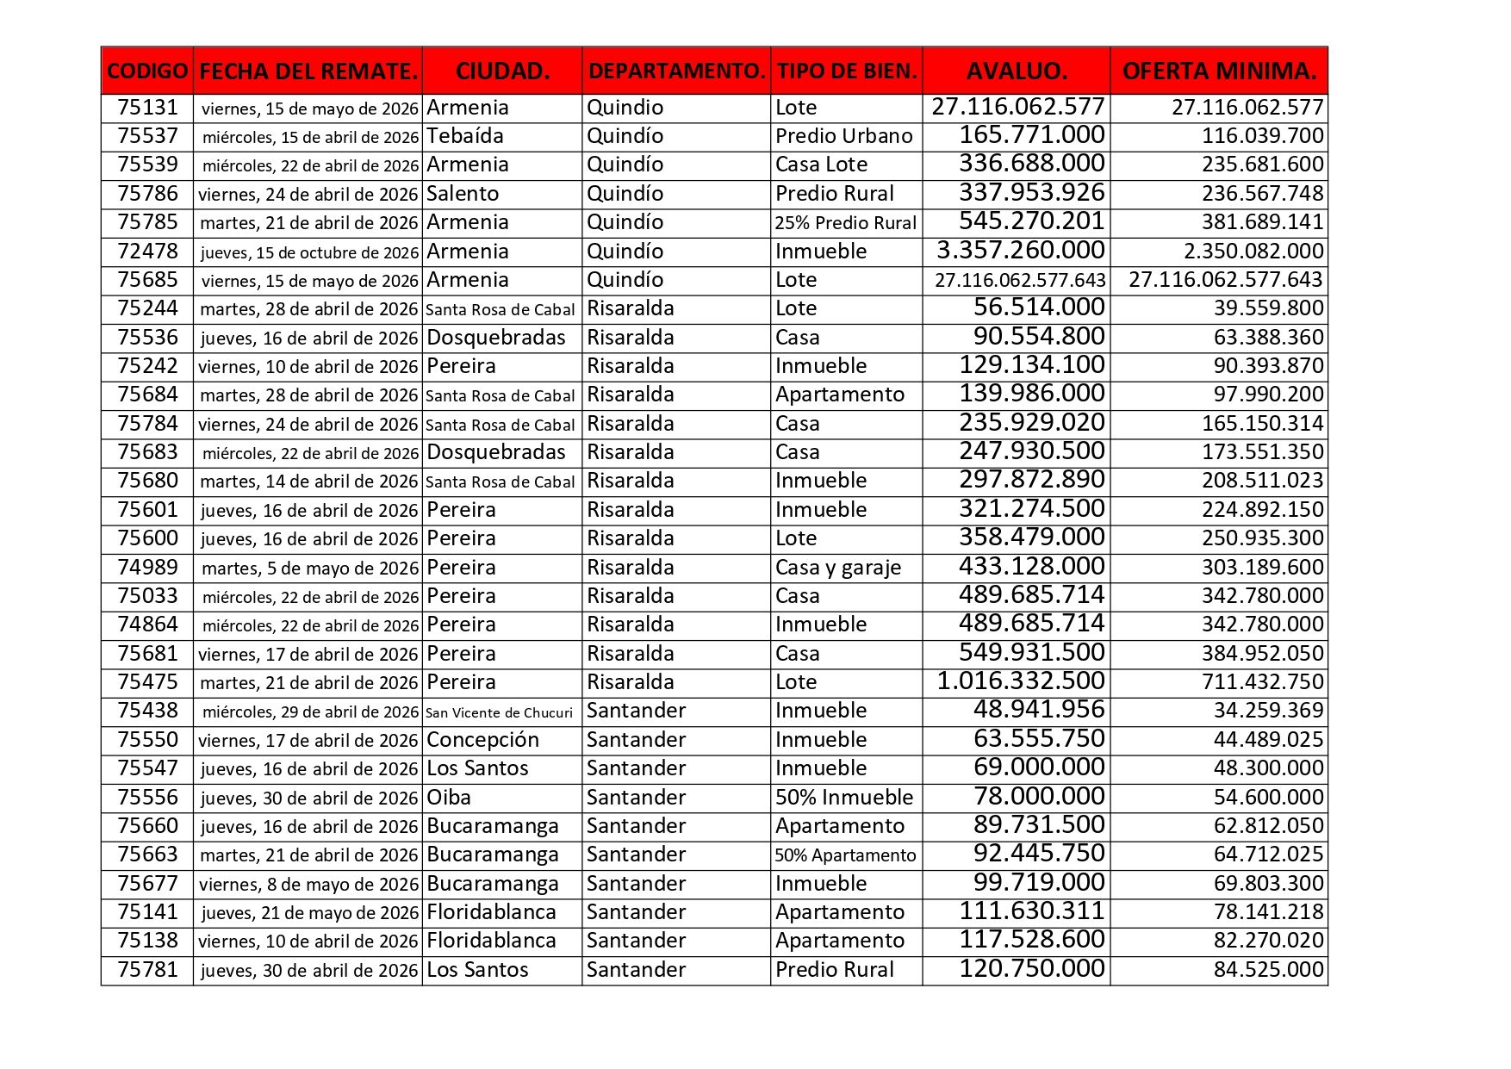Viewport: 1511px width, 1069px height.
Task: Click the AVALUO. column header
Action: (1017, 71)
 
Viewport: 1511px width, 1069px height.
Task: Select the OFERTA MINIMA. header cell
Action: (1219, 71)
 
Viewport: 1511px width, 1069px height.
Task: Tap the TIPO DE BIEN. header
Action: (846, 71)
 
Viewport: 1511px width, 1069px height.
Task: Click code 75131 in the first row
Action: (147, 108)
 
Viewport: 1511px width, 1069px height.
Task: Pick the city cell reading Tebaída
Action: (465, 136)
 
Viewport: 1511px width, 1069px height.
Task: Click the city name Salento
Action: (463, 194)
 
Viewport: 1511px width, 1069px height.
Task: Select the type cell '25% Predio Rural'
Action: (845, 222)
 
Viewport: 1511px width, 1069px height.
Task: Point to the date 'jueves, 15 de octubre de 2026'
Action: (309, 252)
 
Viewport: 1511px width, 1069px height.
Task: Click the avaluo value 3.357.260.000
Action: (1020, 251)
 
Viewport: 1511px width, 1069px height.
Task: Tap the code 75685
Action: (147, 280)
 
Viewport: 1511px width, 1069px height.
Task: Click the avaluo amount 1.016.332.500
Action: (1020, 681)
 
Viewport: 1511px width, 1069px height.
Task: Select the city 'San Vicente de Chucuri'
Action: (499, 712)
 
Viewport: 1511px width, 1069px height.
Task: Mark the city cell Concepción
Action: (482, 740)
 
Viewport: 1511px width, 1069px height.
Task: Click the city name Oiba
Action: (449, 798)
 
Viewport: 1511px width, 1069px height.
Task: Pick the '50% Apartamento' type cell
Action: (845, 855)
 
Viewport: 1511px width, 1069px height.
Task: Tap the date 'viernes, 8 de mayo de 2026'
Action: (308, 885)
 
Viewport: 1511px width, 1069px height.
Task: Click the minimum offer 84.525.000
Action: (1268, 970)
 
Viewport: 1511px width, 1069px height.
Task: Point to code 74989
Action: (147, 568)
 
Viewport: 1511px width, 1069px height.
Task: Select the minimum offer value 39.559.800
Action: (1268, 308)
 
